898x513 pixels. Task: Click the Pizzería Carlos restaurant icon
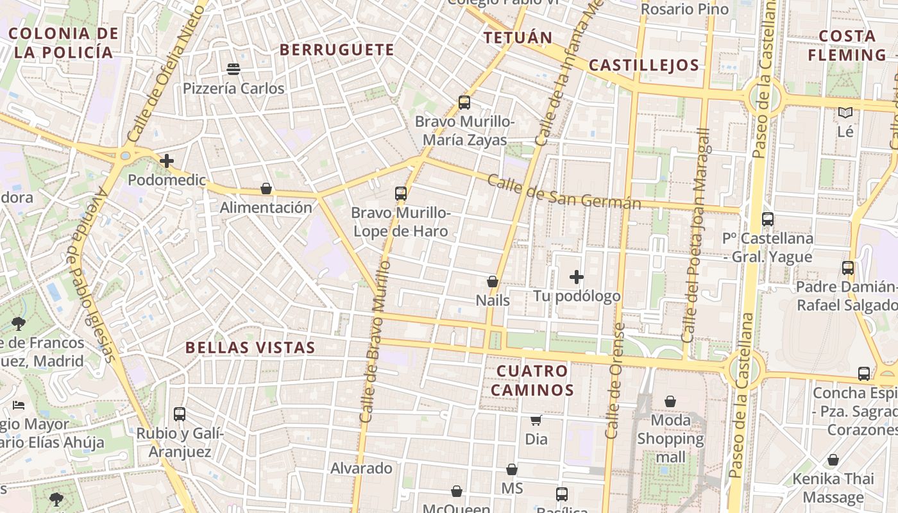pos(233,69)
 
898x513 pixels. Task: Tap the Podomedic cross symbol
pos(167,161)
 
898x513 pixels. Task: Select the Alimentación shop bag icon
pos(266,189)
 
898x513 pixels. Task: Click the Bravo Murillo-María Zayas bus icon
pos(464,102)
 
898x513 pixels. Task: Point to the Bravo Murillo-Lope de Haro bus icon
pos(401,193)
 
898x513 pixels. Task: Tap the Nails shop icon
pos(493,282)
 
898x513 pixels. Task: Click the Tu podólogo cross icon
pos(577,277)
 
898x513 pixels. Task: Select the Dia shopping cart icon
pos(536,420)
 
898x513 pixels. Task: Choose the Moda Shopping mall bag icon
pos(670,401)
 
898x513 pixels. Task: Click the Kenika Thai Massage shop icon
pos(833,460)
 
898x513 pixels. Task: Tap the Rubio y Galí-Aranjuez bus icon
pos(180,414)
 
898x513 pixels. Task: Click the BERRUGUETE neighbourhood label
pos(337,50)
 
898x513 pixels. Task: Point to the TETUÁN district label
pos(518,38)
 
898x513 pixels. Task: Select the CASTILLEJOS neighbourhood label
pos(643,65)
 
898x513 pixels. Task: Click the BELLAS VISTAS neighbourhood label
pos(250,348)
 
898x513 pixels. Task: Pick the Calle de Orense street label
pos(615,381)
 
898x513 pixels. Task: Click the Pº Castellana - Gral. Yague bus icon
pos(768,219)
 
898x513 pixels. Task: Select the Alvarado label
pos(361,469)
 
